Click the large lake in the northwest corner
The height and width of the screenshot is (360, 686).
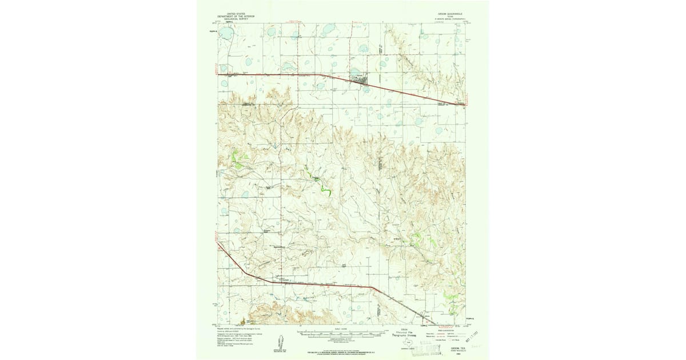225,34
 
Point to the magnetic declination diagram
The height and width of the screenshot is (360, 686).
281,339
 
